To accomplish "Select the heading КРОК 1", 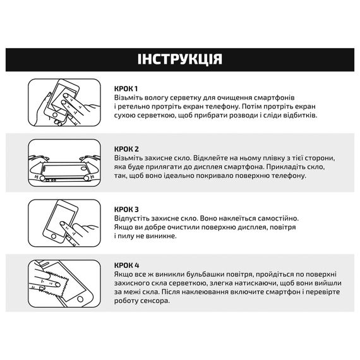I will [126, 88].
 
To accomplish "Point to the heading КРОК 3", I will [127, 209].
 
